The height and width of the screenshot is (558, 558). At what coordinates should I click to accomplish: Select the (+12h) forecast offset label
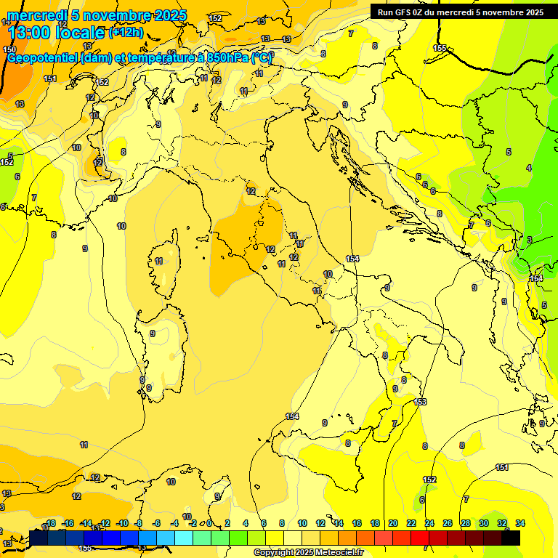[126, 32]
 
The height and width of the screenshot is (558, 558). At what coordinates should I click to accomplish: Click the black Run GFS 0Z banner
[460, 12]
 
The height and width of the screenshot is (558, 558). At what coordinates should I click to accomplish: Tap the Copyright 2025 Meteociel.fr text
[308, 552]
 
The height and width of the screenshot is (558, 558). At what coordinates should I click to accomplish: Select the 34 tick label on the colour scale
[520, 523]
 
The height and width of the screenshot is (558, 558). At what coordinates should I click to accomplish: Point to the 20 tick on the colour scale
[393, 523]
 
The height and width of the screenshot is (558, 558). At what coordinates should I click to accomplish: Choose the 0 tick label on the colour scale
[209, 523]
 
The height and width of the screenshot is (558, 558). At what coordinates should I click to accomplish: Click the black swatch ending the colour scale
[511, 538]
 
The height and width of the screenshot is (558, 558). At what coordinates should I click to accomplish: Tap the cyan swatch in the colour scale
[184, 538]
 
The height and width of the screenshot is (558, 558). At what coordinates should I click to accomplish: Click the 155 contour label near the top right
[440, 48]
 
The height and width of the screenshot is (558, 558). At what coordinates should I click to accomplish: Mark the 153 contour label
[420, 402]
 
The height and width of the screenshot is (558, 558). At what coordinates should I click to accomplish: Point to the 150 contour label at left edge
[9, 49]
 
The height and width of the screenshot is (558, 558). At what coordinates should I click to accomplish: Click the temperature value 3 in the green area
[529, 240]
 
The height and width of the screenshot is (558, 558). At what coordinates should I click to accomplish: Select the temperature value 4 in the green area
[528, 168]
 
